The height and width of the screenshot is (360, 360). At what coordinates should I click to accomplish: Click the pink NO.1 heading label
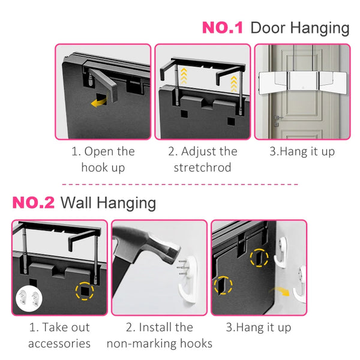coord(222,28)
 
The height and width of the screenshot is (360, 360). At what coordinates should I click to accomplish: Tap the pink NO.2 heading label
coord(33,203)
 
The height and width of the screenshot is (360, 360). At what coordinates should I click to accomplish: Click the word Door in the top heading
coord(268,28)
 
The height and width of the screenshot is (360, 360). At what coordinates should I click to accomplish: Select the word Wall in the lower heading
coord(76,203)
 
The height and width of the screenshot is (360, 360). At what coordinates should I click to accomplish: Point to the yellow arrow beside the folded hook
coord(99,102)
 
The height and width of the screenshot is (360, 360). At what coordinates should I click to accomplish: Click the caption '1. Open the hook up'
coord(103,159)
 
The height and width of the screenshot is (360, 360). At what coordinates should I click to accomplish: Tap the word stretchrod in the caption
coord(202,167)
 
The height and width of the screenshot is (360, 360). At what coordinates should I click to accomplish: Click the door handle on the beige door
coord(278,118)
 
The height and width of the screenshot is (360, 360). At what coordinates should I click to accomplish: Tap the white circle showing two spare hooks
coord(29,298)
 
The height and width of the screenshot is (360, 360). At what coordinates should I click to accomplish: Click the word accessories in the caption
coord(59,343)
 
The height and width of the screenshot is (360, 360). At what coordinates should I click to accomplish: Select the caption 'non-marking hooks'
coord(160,344)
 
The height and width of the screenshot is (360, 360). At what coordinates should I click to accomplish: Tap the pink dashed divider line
coord(180,184)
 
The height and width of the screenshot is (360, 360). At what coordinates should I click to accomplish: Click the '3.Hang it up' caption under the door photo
coord(302,152)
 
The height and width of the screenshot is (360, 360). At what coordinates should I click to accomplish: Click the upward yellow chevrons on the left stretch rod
coord(184,76)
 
